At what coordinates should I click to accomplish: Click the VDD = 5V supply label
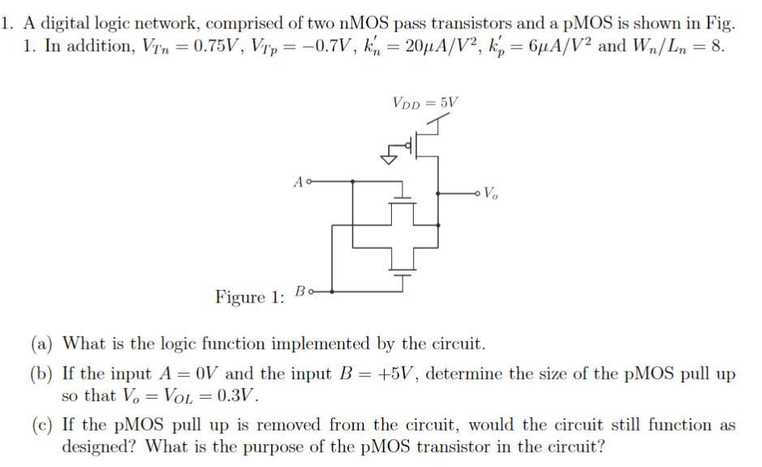tap(424, 103)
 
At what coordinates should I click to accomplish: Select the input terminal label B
tap(299, 289)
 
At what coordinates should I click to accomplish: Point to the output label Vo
tap(491, 194)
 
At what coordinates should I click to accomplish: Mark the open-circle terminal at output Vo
tap(478, 194)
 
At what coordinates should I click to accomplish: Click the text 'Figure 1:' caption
tap(249, 297)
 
